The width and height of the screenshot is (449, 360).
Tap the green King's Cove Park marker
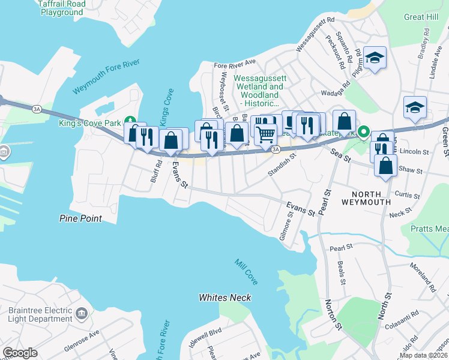127,119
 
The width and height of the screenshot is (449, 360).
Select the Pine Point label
80,219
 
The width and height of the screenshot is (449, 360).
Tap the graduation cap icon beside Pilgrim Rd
375,58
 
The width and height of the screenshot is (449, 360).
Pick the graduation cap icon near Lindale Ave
415,107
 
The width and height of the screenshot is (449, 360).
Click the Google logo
20,353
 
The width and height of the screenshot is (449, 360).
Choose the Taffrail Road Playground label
61,8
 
